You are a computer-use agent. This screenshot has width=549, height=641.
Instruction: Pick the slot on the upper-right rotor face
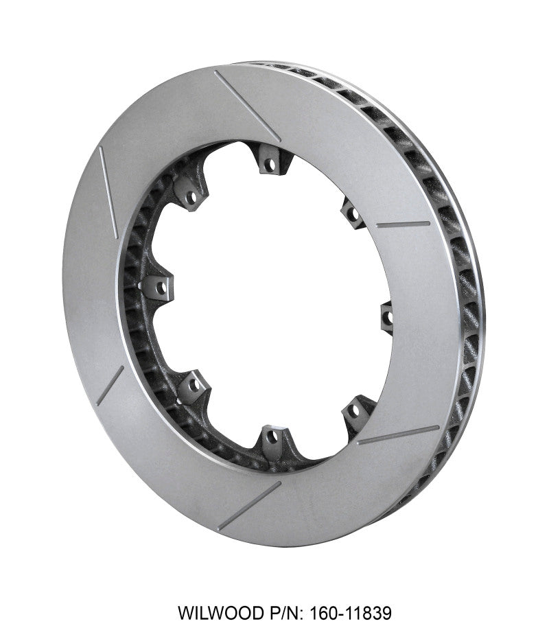404,224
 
